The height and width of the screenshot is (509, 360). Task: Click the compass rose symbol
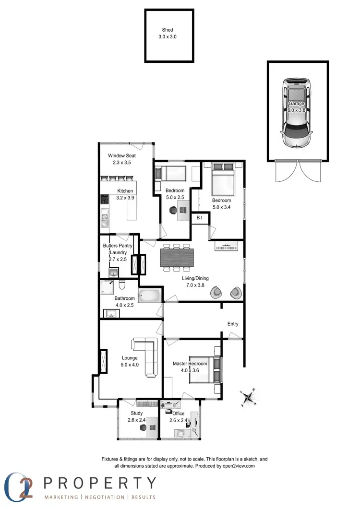[249, 397]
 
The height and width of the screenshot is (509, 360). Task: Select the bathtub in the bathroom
[151, 295]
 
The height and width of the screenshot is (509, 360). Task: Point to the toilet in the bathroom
[122, 286]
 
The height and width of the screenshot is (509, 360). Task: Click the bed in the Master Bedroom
[205, 370]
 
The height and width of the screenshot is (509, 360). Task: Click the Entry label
[233, 324]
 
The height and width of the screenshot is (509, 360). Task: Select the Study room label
[137, 413]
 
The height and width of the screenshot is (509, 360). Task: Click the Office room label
[179, 413]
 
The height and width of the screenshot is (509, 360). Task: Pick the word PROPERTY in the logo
[100, 483]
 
